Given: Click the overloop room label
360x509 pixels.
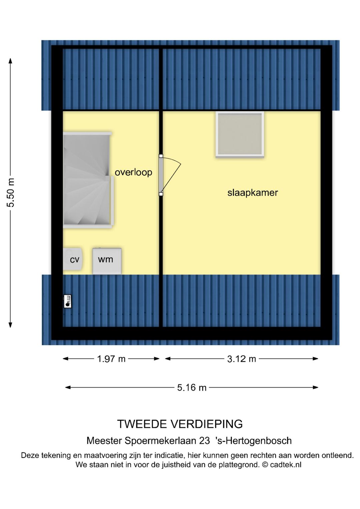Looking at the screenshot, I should coord(133,172).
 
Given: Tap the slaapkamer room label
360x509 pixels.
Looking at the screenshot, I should coord(252,192).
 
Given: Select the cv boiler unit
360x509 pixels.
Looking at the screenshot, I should coord(73,259).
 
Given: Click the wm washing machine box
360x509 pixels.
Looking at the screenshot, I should coord(107,261).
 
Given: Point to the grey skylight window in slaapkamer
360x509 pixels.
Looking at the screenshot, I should coord(240,134).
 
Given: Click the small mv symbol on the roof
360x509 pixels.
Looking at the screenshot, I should coord(67,301).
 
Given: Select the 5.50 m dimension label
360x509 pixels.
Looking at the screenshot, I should coord(11,193).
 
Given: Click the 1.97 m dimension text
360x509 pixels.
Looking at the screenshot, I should coord(111,359).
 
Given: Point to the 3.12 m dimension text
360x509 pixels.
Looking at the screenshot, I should coord(241,359).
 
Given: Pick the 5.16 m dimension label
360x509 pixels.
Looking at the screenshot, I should coord(192,388).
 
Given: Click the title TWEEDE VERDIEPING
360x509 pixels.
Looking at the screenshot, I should coord(180,424).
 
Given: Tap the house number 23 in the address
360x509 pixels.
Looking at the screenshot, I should coord(204,441).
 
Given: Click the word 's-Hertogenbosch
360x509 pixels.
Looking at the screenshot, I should coord(254,441).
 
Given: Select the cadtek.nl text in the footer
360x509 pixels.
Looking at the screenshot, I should coord(286,465).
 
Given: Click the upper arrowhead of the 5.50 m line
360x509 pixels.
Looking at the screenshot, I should coord(10,61).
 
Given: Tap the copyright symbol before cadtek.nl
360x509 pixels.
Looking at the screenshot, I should coord(265,465).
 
